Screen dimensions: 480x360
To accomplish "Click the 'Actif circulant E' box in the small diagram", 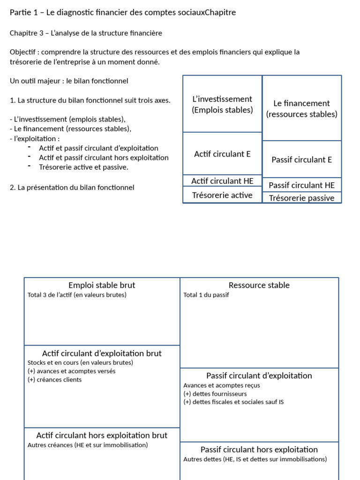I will coord(222,154).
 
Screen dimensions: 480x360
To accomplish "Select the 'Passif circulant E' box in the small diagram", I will coord(301,159).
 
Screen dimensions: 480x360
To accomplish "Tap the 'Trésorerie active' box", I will coord(222,195).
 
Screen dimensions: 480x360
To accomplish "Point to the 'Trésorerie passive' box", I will coord(301,198).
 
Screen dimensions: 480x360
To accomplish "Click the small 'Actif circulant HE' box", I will coord(222,181).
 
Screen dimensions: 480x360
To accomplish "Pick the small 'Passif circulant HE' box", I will coord(301,185).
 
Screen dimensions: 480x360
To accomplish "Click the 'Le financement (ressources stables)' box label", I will coord(301,109).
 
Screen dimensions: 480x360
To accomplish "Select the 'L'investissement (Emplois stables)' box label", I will coord(222,104).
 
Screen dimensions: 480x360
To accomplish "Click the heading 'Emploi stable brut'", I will coord(102,285).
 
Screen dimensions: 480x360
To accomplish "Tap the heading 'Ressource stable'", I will coord(259,285).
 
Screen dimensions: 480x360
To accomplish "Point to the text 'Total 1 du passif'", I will coord(206,295).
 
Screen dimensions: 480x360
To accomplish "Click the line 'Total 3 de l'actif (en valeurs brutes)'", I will coord(77,295).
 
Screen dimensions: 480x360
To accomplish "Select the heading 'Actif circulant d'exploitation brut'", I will coord(102,353).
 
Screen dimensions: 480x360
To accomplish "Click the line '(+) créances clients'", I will coord(54,380).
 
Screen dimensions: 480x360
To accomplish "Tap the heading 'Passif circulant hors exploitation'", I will coord(259,450).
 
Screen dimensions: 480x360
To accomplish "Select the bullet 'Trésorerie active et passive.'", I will coord(83,167).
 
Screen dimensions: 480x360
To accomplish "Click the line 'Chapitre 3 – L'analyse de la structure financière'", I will coord(86,33).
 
